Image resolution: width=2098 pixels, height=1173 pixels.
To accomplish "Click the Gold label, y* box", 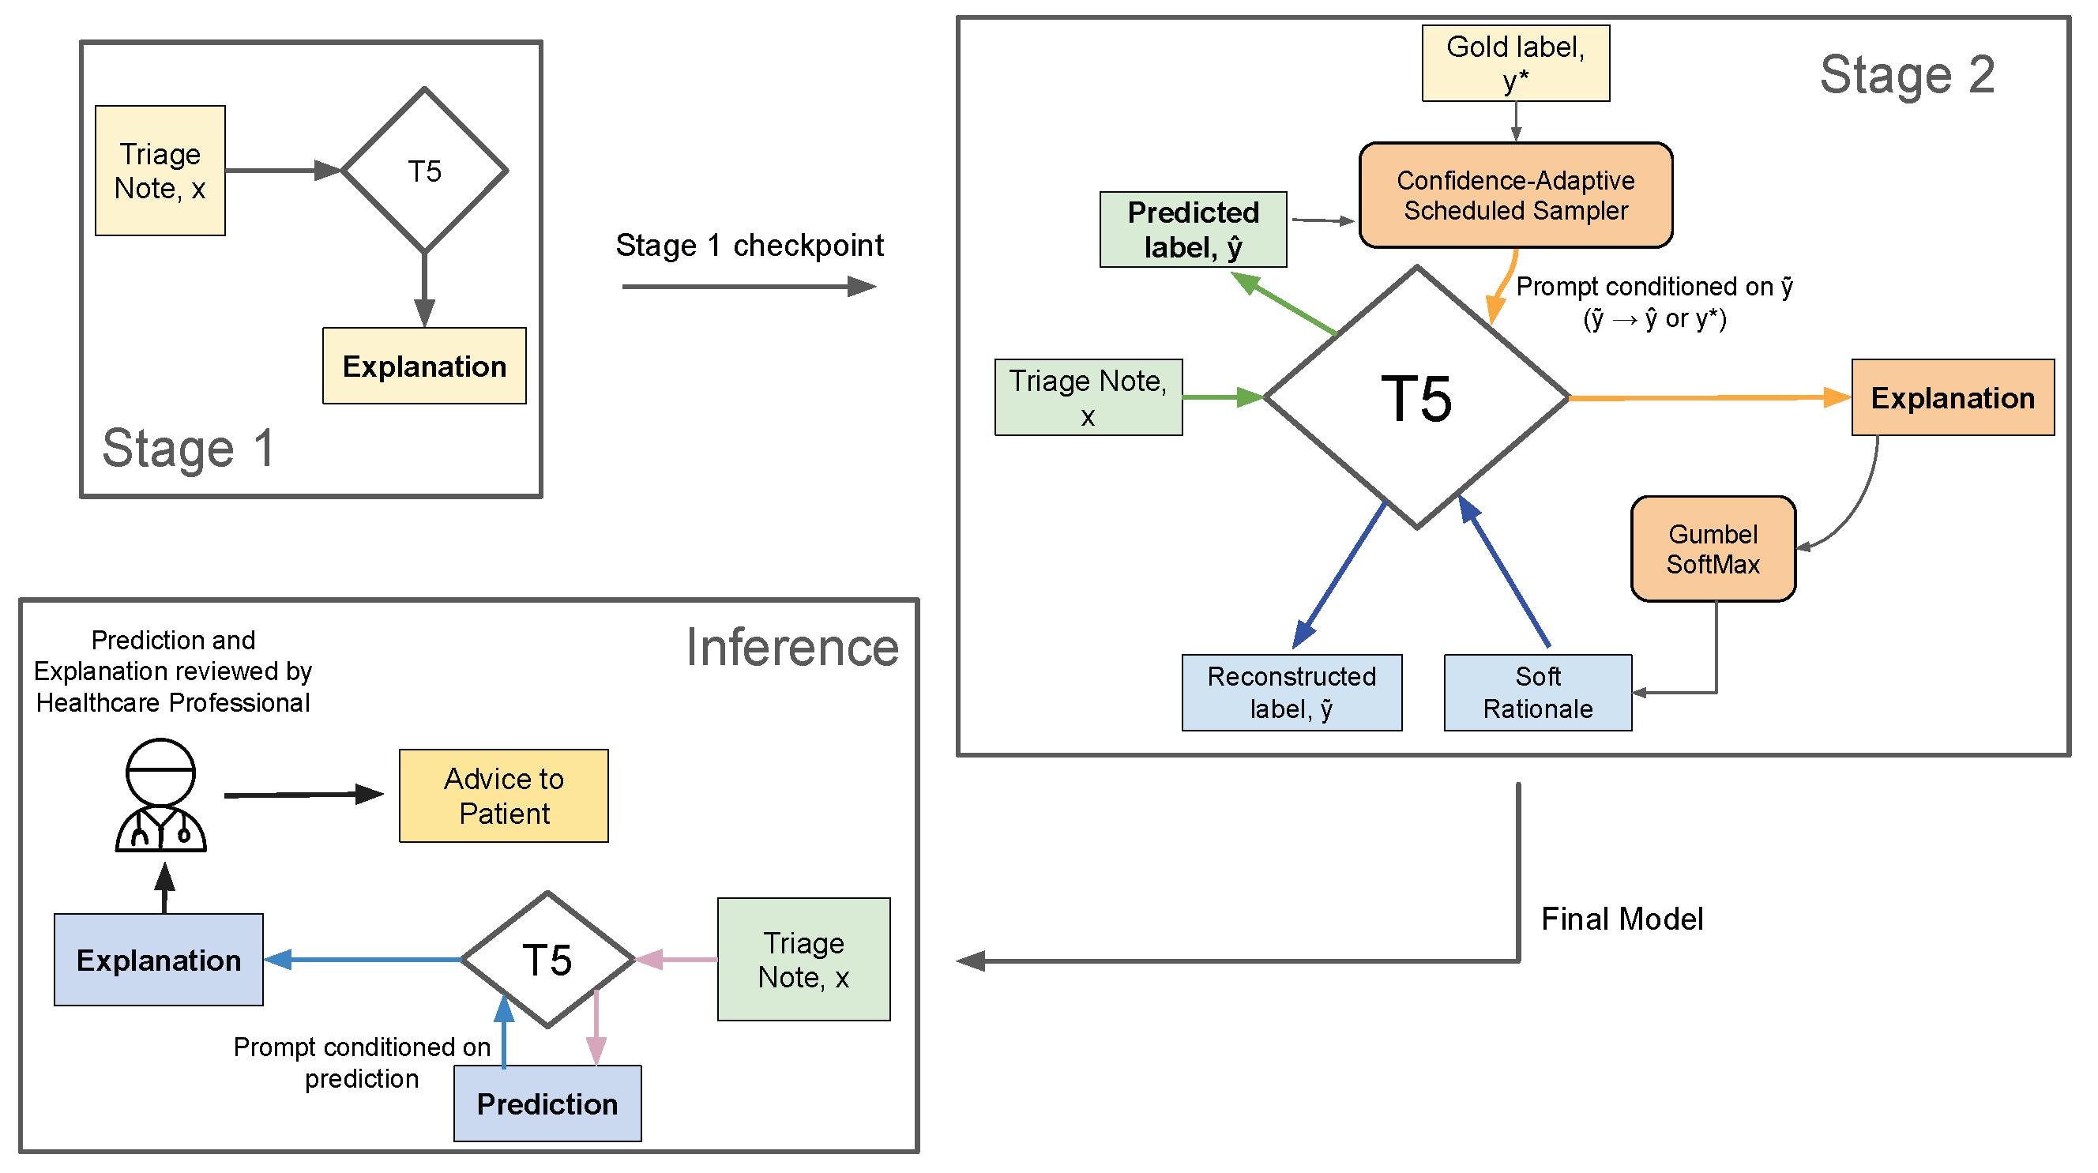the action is coord(1515,62).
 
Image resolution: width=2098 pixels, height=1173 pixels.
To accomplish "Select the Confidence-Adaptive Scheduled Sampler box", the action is coord(1515,194).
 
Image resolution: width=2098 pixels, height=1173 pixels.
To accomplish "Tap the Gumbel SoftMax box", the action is coord(1713,548).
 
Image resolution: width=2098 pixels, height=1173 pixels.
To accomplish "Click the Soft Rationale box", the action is coord(1537,693).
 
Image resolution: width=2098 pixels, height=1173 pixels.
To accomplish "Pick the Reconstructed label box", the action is coord(1292,693).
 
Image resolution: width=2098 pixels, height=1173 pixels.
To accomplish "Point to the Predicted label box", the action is coord(1193,229).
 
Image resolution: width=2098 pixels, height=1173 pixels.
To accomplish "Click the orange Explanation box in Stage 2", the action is coord(1952,397).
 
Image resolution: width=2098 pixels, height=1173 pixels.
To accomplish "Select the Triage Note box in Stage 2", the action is coord(1088,397).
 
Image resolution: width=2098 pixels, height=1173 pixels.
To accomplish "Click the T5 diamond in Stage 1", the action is coord(424,171).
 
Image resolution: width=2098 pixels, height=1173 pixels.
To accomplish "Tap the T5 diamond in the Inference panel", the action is coord(547,959).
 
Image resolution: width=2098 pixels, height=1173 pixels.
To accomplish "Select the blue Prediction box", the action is coord(547,1103).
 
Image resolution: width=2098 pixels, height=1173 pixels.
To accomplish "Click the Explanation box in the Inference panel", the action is coord(158,959).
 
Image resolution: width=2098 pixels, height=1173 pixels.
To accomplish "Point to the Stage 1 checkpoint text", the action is coord(750,244).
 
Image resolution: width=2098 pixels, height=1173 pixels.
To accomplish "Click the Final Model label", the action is coord(1622,919).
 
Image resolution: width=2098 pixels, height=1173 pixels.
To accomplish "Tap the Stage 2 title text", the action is coord(1907,74).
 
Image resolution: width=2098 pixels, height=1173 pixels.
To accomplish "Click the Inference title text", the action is coord(792,647).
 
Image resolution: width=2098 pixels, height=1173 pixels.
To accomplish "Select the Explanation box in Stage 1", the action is coord(424,366).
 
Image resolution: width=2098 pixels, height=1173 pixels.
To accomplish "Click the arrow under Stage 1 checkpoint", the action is coord(750,286).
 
